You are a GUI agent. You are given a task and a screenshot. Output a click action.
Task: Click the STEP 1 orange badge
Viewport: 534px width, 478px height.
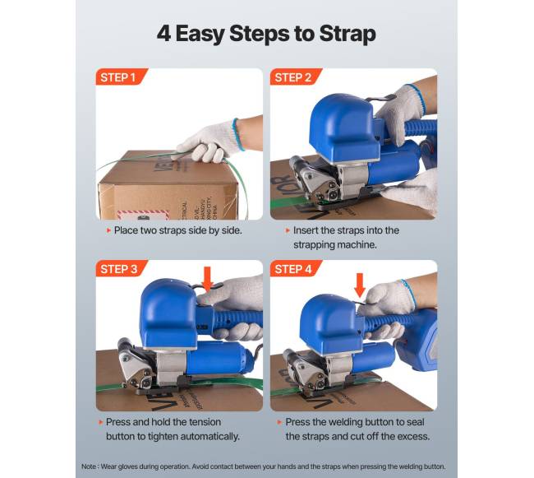tap(121, 77)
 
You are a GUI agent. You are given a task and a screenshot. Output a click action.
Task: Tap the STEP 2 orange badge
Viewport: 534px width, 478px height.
tap(295, 77)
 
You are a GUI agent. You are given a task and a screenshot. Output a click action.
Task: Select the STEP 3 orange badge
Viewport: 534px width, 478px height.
tap(121, 268)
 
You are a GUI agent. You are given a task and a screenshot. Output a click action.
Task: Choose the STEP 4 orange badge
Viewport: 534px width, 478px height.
tap(295, 268)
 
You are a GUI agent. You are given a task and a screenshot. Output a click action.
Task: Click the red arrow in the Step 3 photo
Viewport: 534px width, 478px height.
tap(207, 279)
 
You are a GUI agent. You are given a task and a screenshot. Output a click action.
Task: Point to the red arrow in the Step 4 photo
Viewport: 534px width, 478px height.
tap(360, 285)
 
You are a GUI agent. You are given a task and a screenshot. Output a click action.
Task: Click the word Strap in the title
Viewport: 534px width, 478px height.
tap(348, 34)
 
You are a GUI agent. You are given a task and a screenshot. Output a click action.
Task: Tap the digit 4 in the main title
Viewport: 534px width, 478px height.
tap(163, 33)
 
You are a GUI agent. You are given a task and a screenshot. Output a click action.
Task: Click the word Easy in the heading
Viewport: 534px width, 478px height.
tap(200, 34)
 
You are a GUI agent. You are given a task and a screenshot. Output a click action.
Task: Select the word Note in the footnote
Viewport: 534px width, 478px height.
tap(89, 466)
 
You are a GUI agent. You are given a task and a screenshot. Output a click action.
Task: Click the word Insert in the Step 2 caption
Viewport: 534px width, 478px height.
tap(306, 230)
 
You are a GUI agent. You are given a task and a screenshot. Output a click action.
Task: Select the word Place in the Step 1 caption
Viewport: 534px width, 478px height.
tap(126, 230)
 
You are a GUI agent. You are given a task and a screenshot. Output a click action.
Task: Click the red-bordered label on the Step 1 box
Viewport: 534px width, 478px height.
tap(143, 215)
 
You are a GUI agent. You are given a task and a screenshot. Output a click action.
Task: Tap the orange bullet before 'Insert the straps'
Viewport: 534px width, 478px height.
tap(288, 231)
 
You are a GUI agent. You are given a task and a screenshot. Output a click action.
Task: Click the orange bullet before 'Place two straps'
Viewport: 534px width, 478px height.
tap(108, 231)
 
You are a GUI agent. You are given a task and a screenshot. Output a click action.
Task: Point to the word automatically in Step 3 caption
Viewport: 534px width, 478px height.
tap(209, 437)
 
